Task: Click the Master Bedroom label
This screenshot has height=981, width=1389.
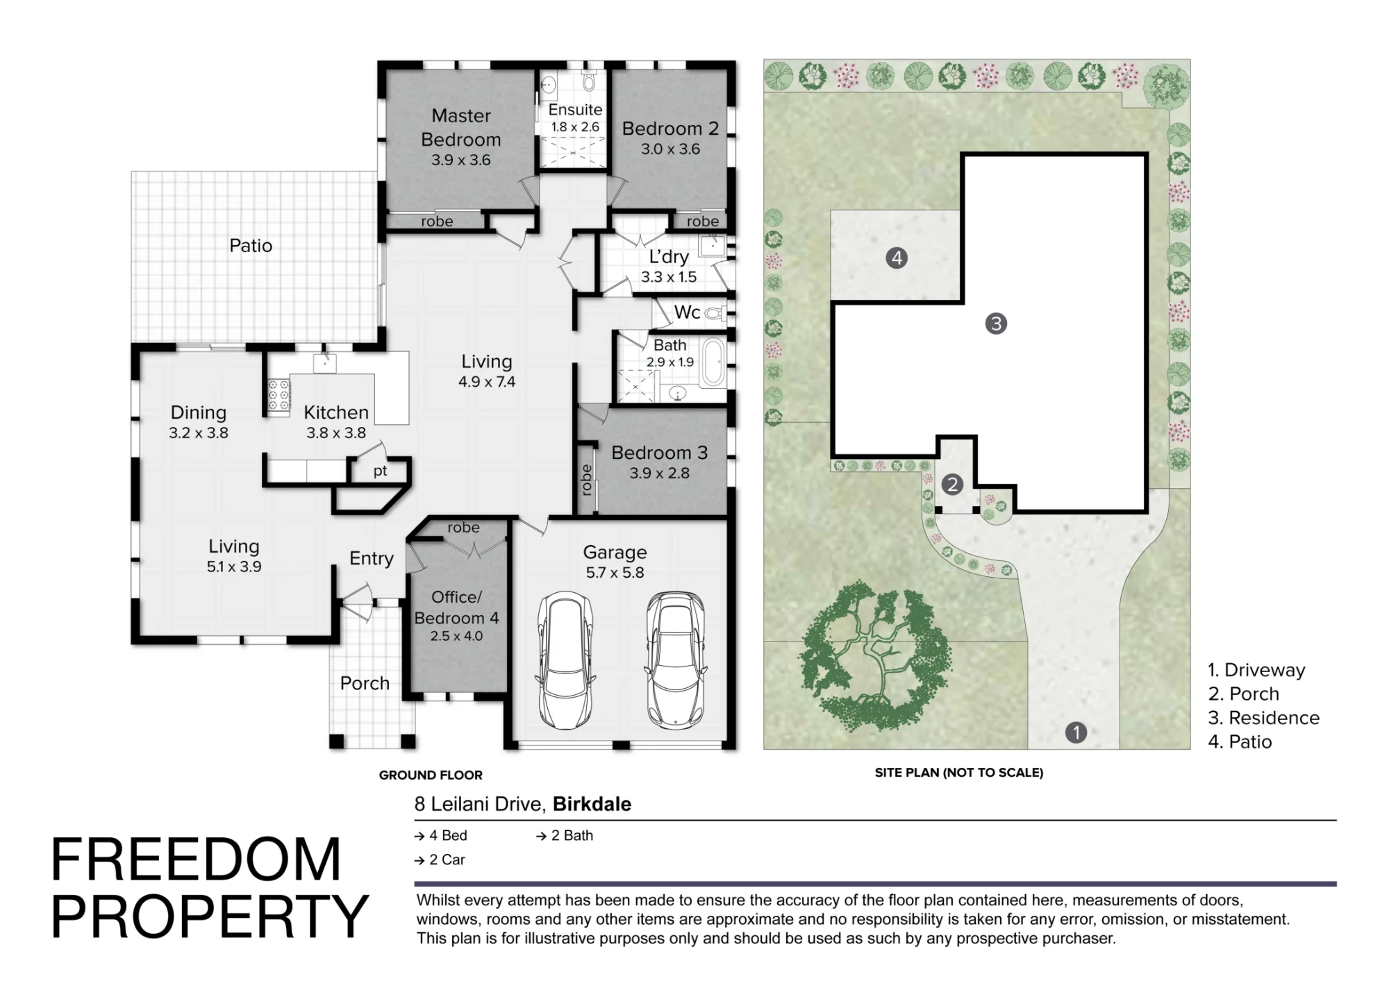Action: [x=461, y=127]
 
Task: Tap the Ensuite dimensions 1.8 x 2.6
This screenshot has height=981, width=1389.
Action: [x=575, y=127]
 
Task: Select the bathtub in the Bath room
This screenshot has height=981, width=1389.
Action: [x=713, y=362]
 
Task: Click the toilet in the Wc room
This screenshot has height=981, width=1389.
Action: [x=716, y=314]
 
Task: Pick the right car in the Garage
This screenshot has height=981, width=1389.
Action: [x=675, y=660]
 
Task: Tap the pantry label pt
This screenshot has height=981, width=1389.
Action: [x=380, y=471]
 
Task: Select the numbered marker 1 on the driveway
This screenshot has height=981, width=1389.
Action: [x=1076, y=732]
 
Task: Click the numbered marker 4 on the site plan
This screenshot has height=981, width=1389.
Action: [x=897, y=258]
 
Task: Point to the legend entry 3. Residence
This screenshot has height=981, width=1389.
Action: [x=1263, y=717]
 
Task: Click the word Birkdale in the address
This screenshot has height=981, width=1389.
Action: [x=592, y=804]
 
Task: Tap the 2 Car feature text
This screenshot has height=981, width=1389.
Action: [x=440, y=860]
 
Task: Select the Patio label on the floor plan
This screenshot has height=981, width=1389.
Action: [x=251, y=246]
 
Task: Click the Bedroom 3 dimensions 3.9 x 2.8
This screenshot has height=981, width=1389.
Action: [x=659, y=473]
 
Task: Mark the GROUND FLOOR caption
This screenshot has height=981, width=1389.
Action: [x=431, y=775]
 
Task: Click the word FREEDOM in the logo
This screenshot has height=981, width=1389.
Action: [x=196, y=860]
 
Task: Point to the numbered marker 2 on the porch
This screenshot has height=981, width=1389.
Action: [x=952, y=485]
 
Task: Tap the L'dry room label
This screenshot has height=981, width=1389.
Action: [x=669, y=257]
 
